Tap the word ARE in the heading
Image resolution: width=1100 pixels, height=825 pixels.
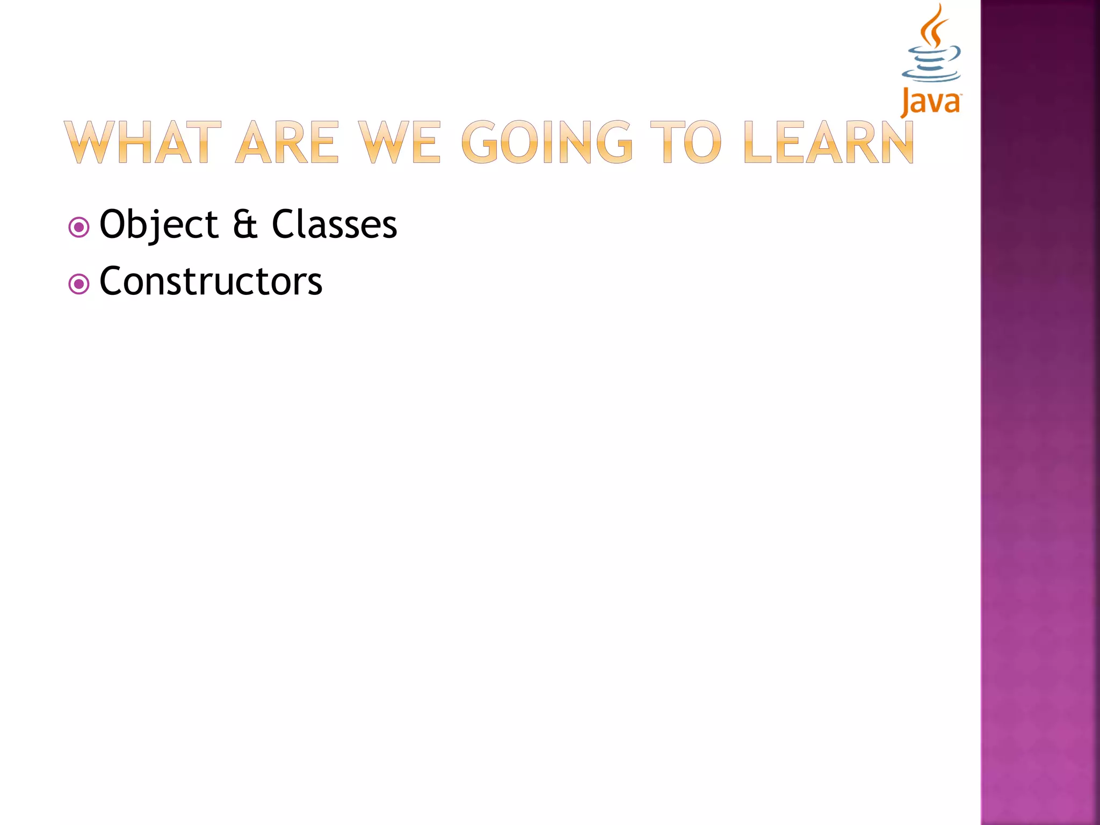(287, 142)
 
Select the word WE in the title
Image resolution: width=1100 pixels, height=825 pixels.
(399, 142)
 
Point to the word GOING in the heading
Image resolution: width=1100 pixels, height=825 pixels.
(547, 142)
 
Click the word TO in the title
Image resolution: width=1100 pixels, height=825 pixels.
(685, 142)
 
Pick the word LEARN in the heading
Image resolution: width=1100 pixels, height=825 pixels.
(829, 142)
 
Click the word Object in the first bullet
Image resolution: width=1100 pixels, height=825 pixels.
(158, 225)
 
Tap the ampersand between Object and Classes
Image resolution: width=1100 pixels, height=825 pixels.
(245, 225)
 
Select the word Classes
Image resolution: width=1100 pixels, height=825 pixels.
(334, 225)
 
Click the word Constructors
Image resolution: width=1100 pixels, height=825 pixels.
(211, 281)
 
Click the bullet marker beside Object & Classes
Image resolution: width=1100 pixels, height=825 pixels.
(79, 227)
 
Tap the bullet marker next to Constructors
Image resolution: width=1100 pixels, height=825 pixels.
(79, 284)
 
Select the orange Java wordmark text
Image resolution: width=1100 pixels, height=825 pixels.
(931, 102)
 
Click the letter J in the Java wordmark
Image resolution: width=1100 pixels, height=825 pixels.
(906, 102)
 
